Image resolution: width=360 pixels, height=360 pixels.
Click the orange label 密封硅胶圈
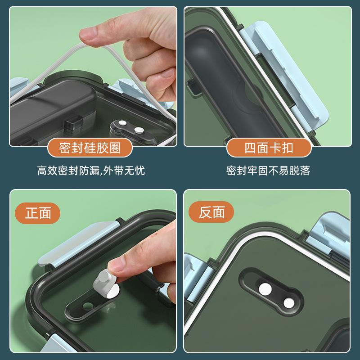pyautogui.click(x=90, y=148)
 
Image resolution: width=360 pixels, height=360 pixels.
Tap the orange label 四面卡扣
pyautogui.click(x=269, y=148)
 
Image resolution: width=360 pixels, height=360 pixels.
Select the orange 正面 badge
pyautogui.click(x=38, y=213)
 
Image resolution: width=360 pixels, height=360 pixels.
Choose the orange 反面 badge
pyautogui.click(x=211, y=212)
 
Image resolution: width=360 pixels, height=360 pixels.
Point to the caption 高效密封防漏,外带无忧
pyautogui.click(x=91, y=171)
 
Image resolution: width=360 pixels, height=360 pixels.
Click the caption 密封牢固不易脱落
pyautogui.click(x=268, y=171)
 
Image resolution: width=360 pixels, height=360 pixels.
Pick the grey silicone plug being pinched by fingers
pyautogui.click(x=104, y=281)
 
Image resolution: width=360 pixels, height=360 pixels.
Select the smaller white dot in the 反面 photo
pyautogui.click(x=289, y=303)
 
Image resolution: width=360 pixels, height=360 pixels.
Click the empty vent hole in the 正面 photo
pyautogui.click(x=87, y=306)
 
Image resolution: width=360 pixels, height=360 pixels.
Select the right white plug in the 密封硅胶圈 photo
pyautogui.click(x=139, y=130)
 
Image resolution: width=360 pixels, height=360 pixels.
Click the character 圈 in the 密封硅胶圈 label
pyautogui.click(x=115, y=148)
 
